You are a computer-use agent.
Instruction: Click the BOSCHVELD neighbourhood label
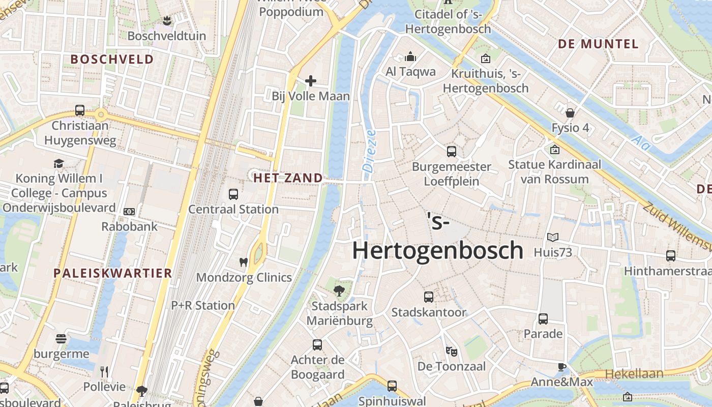point(112,59)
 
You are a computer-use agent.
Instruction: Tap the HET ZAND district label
point(288,178)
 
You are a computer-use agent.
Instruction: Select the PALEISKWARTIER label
point(113,273)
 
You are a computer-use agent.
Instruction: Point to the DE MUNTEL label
point(598,44)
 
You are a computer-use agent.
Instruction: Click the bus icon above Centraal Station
point(233,194)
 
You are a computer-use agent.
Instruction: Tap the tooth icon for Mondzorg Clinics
point(244,262)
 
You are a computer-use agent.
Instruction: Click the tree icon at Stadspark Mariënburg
point(339,291)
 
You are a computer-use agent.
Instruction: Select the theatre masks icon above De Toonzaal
point(451,351)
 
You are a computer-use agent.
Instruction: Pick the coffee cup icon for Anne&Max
point(561,367)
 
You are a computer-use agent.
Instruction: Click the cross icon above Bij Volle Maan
point(310,81)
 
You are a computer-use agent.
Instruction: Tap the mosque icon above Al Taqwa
point(410,56)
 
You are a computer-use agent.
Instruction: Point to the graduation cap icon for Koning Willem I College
point(59,163)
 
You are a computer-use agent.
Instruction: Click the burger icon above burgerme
point(61,338)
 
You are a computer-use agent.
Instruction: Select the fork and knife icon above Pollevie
point(104,371)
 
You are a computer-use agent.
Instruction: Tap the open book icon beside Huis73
point(553,237)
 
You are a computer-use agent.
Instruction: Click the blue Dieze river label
point(369,151)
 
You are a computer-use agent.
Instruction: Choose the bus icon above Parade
point(543,319)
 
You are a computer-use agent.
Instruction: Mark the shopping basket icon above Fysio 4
point(571,112)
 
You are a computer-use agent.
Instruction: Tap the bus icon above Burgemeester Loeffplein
point(452,151)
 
